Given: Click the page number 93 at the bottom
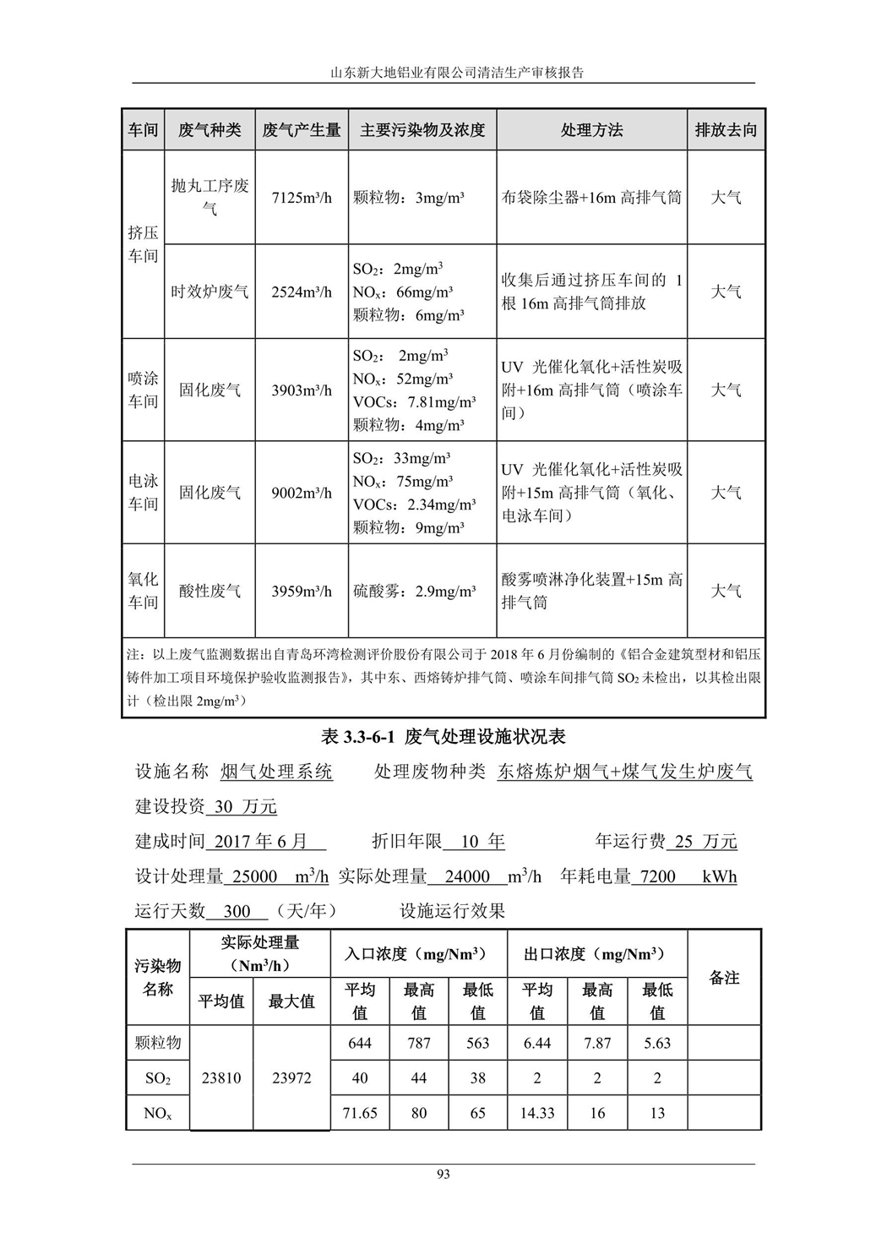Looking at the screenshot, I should point(443,1174).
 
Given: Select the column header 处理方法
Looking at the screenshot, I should point(591,130).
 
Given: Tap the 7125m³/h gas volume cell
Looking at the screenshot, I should point(302,198).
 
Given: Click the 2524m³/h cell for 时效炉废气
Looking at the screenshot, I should point(302,292).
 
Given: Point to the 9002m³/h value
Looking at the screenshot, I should point(302,493).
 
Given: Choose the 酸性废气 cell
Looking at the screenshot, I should point(210,591).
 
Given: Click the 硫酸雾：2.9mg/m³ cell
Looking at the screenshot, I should point(414,591).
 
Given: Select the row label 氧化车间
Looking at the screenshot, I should point(143,591).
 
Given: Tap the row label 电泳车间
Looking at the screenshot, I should point(143,493).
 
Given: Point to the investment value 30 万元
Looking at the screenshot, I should point(245,806).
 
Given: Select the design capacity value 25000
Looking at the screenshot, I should point(254,876).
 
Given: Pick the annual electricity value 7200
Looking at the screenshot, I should point(658,876).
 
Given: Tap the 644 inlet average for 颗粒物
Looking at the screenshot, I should point(360,1043).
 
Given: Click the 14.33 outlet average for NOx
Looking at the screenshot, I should point(537,1113).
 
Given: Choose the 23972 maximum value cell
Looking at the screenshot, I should point(291,1078).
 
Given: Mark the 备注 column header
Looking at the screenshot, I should point(724,978).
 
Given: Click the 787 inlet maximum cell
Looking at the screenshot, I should point(419,1043).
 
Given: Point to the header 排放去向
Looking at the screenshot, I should point(726,130).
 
